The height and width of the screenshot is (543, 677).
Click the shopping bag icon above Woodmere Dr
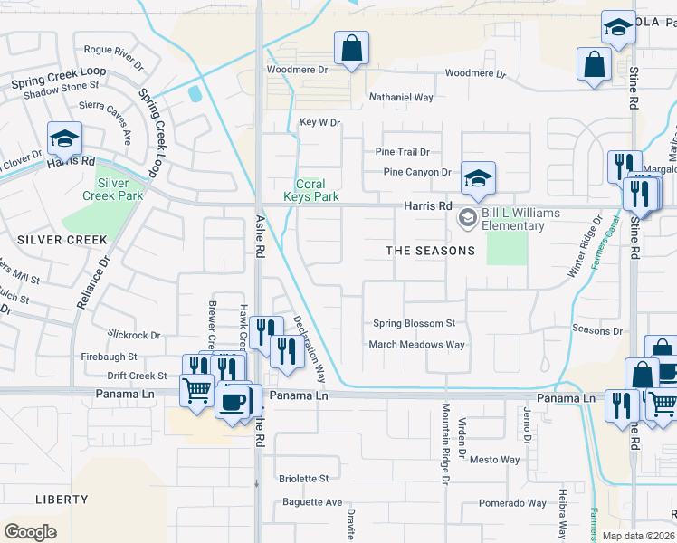pos(351,49)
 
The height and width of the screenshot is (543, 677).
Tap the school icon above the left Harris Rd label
pos(65,138)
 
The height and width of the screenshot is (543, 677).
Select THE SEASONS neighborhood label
pos(430,251)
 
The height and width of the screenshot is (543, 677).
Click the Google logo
pos(30,532)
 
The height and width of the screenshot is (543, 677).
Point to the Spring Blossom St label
pos(414,323)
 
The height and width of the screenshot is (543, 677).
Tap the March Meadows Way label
pos(416,345)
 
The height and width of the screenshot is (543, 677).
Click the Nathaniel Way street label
pos(401,97)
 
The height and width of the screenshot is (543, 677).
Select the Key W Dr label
pos(319,122)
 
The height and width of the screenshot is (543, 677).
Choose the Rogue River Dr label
pos(113,55)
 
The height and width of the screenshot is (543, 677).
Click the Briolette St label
pos(303,479)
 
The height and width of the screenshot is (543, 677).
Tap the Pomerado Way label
pos(512,503)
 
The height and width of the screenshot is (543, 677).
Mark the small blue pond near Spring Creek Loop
pos(193,93)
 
